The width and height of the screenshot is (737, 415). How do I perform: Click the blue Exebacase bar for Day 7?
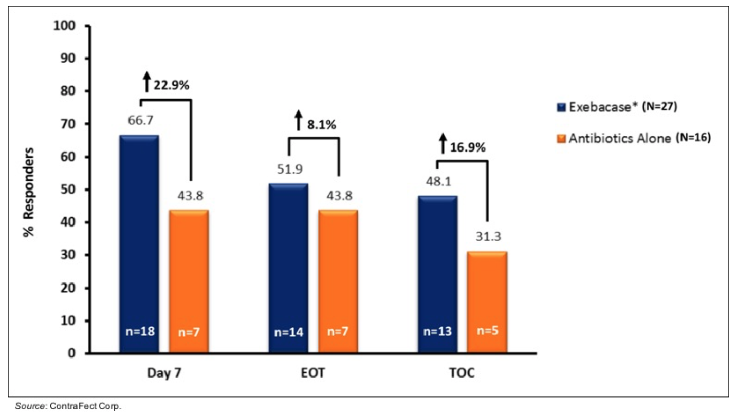(x=139, y=244)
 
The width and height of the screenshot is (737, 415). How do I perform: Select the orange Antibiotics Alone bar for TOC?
(x=487, y=302)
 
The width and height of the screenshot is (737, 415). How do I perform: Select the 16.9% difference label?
(x=467, y=148)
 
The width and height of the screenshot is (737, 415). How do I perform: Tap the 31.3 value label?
(x=487, y=237)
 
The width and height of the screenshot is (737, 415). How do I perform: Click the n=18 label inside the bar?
(x=139, y=332)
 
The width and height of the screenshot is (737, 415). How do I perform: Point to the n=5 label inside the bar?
(x=487, y=332)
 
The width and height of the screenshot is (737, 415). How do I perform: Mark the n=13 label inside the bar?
(x=437, y=332)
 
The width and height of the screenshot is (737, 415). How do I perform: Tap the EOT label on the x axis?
(x=313, y=373)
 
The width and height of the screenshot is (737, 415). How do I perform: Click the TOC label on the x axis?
(x=462, y=373)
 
